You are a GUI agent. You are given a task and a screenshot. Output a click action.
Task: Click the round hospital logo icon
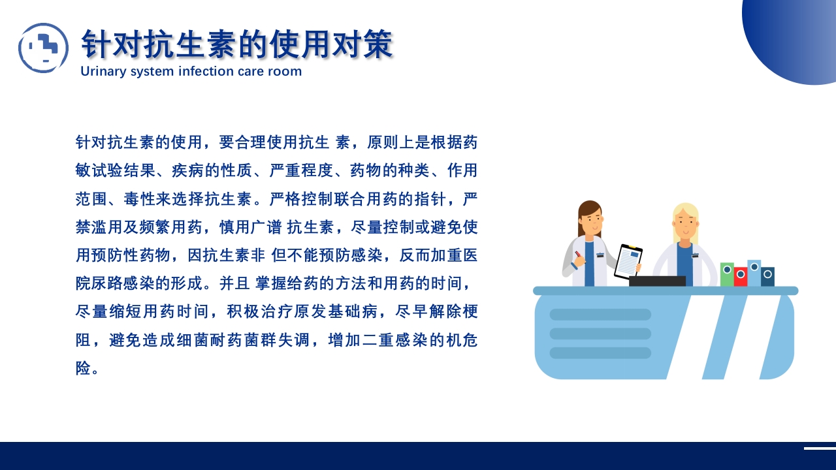[x=43, y=48]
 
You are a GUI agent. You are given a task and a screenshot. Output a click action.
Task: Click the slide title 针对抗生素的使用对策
[x=236, y=44]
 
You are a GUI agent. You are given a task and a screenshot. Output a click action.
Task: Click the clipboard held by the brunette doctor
[x=628, y=261]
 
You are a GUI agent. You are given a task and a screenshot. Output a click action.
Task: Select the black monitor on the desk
[x=657, y=281]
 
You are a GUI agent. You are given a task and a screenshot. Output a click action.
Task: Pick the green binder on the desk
[x=727, y=274]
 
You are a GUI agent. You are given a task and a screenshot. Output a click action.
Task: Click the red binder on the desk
[x=741, y=276]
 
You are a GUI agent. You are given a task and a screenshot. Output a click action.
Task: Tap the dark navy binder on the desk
[x=768, y=276]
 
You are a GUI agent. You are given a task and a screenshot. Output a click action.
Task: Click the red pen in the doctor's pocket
[x=578, y=255]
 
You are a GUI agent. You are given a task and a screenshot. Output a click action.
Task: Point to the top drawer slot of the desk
[x=600, y=315]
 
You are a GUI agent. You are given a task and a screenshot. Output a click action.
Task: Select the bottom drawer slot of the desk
[x=600, y=353]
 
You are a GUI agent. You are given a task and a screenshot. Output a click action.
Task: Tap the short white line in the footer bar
[x=820, y=448]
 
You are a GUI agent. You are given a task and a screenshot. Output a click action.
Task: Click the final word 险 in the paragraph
[x=83, y=369]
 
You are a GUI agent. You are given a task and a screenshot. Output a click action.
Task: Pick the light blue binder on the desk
[x=754, y=273]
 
